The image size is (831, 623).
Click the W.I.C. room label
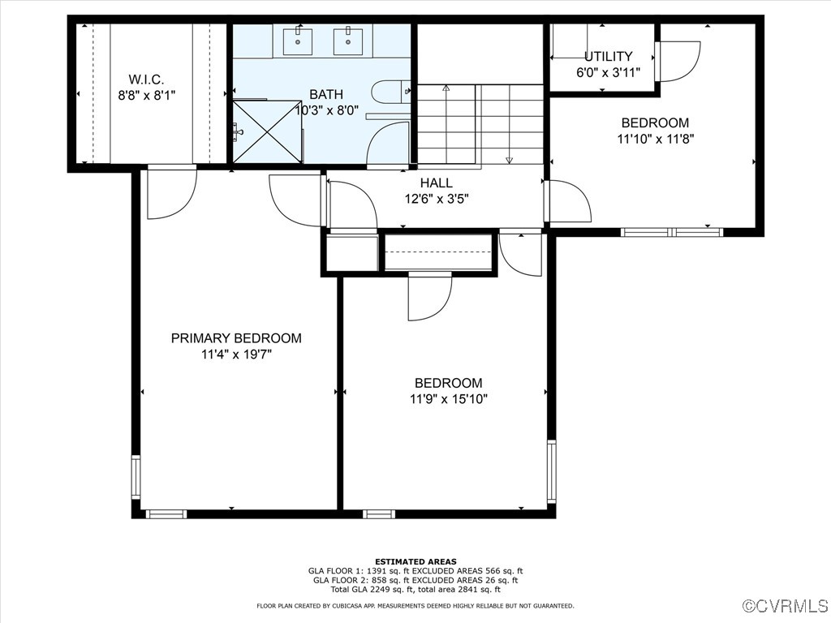point(146,79)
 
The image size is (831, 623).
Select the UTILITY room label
point(608,57)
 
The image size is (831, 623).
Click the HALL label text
point(436,183)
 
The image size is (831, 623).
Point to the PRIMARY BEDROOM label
point(236,338)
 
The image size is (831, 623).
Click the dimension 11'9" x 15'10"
point(449,398)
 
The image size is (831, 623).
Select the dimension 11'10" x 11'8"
point(655,138)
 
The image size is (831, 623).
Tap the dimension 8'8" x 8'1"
point(146,94)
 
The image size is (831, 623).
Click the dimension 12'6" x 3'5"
point(437,198)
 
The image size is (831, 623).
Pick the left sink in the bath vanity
point(299,40)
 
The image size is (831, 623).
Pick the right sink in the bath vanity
point(348,40)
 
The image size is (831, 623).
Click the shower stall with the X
point(267,131)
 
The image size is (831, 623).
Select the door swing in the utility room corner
point(678,61)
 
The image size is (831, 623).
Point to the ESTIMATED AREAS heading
point(415,561)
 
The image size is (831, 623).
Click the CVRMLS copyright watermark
point(786,606)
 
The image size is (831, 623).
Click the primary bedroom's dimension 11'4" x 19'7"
point(236,354)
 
